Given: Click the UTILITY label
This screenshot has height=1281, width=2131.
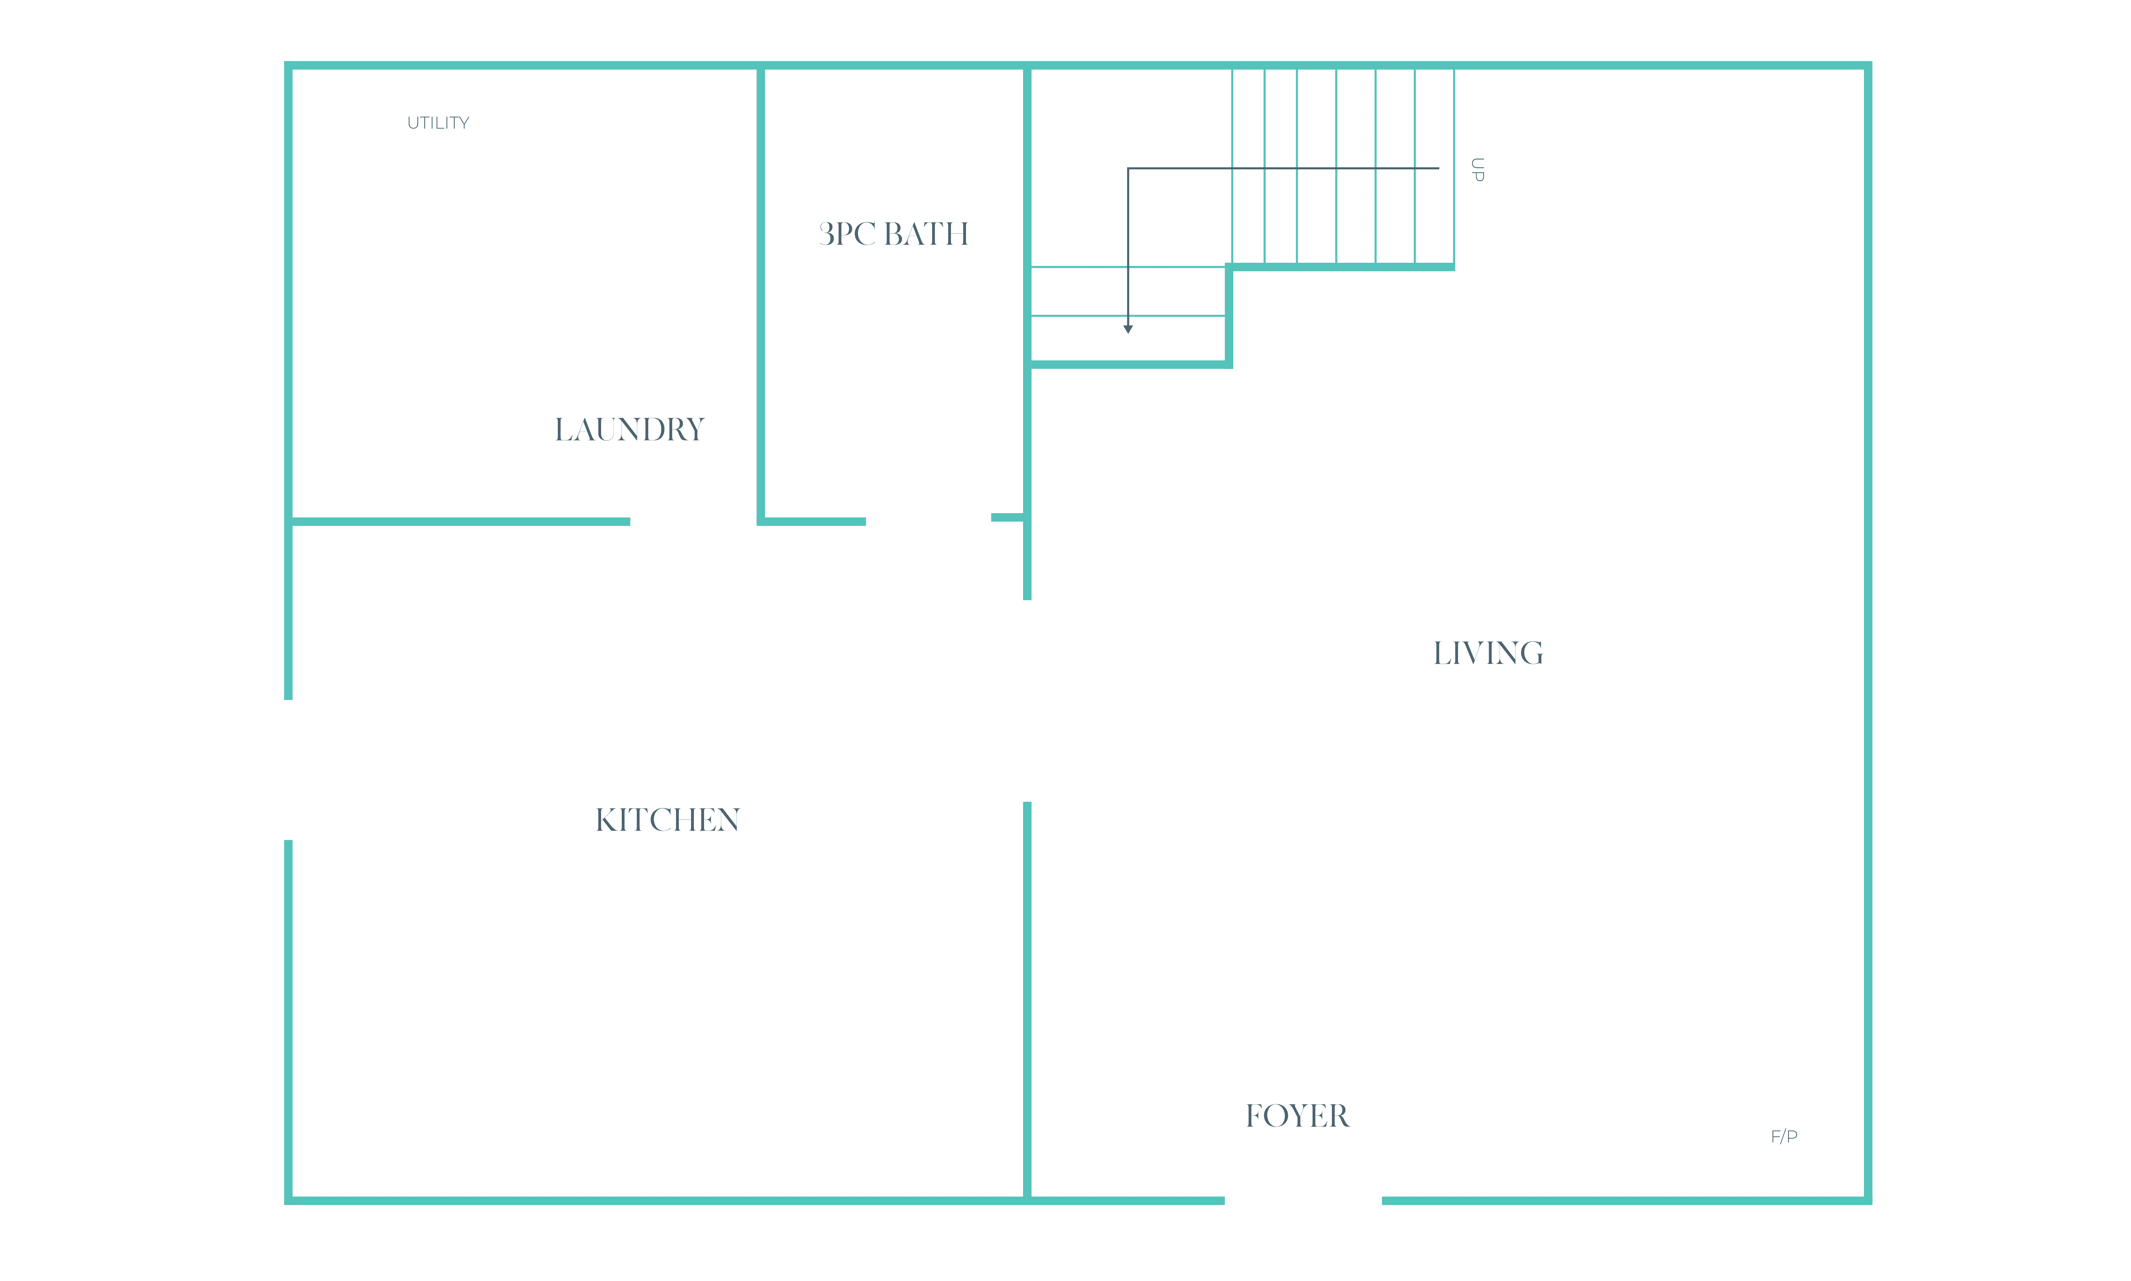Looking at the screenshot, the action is [438, 122].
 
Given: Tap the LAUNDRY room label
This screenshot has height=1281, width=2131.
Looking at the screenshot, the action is [629, 429].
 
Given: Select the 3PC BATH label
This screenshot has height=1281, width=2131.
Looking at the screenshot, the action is [894, 234].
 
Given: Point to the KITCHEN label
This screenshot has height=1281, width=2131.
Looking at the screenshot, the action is [667, 819].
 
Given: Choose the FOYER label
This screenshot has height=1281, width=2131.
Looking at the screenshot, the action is [1297, 1115].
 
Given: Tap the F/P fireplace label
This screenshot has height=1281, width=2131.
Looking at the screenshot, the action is [1784, 1136].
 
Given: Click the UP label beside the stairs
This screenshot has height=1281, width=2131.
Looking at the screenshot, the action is [1477, 169].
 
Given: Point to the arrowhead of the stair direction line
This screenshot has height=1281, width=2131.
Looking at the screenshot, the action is [1128, 329].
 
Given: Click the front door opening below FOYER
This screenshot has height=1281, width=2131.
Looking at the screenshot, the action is [1303, 1200].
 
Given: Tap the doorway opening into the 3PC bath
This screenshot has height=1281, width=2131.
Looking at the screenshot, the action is [928, 520].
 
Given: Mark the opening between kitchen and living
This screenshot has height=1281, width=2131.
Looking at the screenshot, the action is [1027, 701].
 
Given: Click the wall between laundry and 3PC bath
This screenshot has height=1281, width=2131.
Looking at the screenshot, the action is [761, 293].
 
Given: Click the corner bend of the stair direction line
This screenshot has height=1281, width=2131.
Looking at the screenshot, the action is [1128, 168].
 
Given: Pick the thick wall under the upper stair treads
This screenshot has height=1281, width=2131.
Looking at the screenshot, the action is [1341, 267].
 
